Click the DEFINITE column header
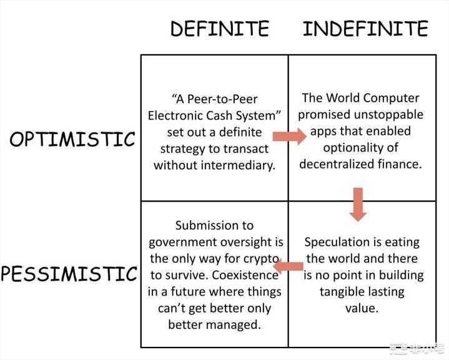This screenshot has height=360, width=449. (220, 28)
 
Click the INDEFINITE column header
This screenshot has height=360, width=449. (365, 28)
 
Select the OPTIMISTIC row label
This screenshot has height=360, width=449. (72, 139)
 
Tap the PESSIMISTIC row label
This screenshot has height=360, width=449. (69, 273)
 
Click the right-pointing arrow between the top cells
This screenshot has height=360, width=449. (289, 136)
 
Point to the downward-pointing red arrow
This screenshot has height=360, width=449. (358, 204)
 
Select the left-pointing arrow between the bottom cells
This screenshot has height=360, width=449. (288, 266)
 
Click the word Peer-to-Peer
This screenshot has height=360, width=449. (222, 99)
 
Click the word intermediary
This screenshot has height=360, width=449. (238, 165)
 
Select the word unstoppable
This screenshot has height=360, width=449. (388, 114)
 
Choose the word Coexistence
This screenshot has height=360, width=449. (245, 275)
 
